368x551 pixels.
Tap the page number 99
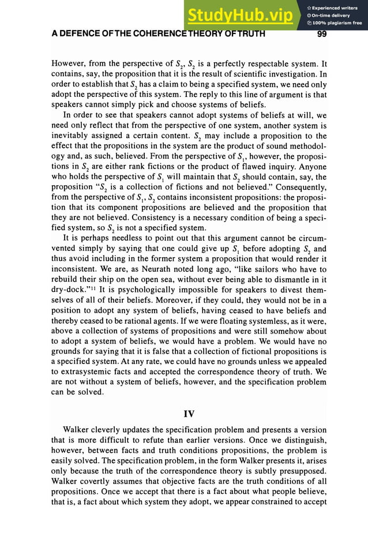[x=322, y=33]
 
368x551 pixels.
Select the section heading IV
[x=189, y=414]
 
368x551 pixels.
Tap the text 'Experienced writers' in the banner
[x=336, y=7]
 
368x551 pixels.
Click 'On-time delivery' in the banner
[x=332, y=15]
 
